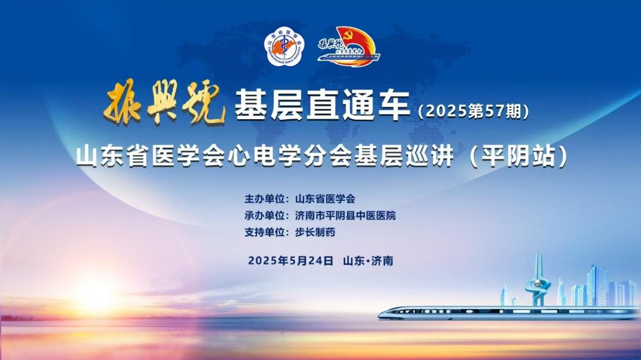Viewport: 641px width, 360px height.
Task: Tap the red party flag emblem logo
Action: click(x=349, y=46)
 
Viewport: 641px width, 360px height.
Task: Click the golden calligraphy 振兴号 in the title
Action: click(x=164, y=102)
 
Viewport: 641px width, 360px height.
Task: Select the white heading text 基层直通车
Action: click(x=322, y=105)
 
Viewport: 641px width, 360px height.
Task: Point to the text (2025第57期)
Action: click(x=473, y=112)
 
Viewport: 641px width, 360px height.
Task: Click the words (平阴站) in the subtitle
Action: click(x=518, y=157)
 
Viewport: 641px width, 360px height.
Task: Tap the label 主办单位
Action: click(x=264, y=199)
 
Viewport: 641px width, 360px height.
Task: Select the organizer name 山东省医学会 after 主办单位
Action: click(x=325, y=199)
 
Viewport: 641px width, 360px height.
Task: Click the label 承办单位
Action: click(x=264, y=215)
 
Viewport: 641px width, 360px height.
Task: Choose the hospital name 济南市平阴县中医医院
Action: click(x=346, y=215)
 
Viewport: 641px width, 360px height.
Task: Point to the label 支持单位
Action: click(x=264, y=232)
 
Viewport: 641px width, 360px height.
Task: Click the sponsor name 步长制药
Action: click(x=315, y=232)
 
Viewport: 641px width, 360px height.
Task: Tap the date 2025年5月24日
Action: click(x=290, y=261)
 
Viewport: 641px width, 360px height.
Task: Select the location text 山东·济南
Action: click(x=368, y=261)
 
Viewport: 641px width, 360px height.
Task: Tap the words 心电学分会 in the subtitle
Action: click(x=289, y=157)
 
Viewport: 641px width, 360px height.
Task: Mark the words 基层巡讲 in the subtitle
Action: click(x=404, y=157)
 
